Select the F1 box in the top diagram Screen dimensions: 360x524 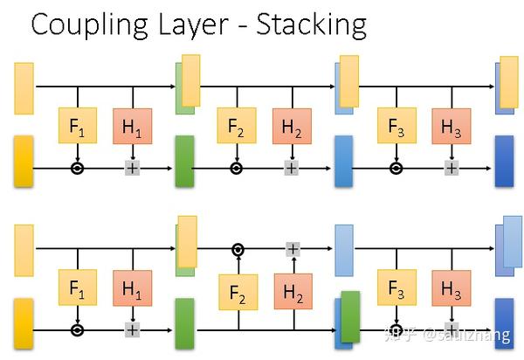[x=78, y=127]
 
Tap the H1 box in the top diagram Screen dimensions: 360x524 [x=132, y=127]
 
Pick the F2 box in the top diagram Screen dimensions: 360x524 [x=236, y=127]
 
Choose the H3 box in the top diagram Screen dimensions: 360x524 [x=451, y=127]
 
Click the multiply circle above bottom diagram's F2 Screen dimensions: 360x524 [x=238, y=250]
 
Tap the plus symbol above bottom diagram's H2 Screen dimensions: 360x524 [x=293, y=250]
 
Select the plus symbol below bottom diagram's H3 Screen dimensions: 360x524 [x=451, y=330]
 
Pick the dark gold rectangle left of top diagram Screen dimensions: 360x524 [x=24, y=162]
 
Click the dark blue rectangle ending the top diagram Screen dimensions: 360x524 [x=505, y=162]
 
